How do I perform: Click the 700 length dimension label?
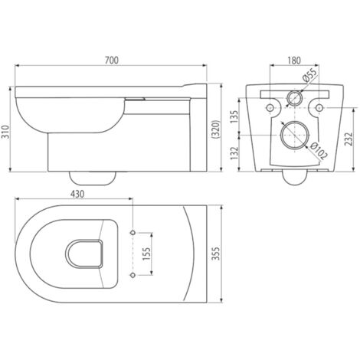(112, 61)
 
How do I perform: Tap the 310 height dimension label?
(5, 132)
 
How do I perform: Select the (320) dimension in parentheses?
(216, 129)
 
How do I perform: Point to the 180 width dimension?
(294, 61)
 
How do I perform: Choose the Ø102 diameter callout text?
(317, 151)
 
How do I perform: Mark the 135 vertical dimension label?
(234, 116)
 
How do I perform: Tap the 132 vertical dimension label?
(234, 153)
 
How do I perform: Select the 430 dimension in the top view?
(77, 194)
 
